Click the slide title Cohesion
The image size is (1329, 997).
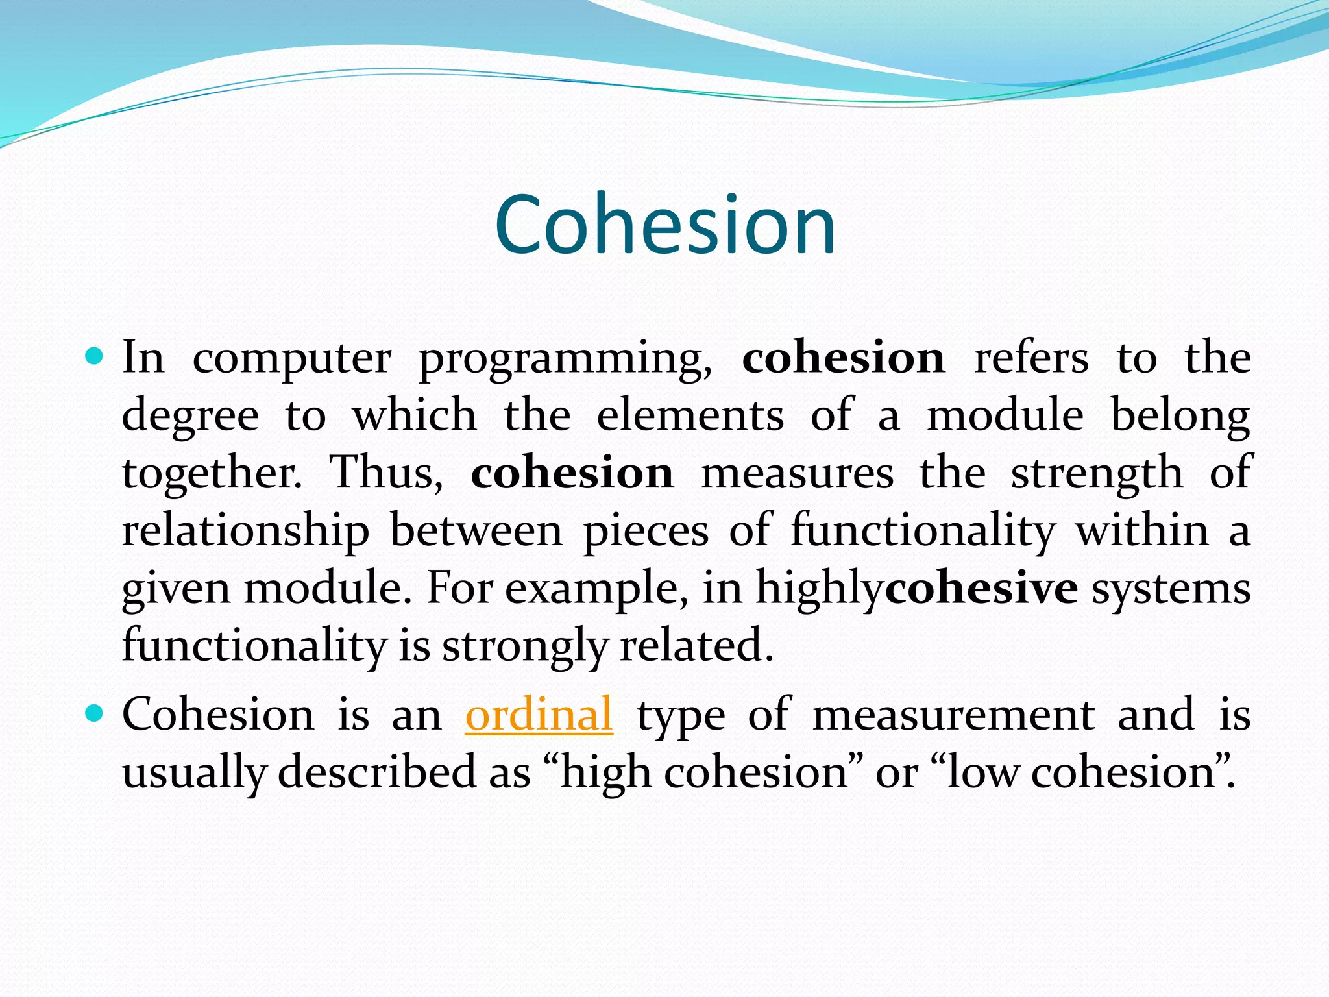[x=664, y=225]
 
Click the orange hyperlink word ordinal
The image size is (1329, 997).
[x=539, y=715]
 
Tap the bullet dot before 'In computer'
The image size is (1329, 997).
[x=95, y=356]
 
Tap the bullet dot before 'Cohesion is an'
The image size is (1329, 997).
[x=95, y=713]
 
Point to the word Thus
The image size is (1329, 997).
[x=387, y=473]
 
